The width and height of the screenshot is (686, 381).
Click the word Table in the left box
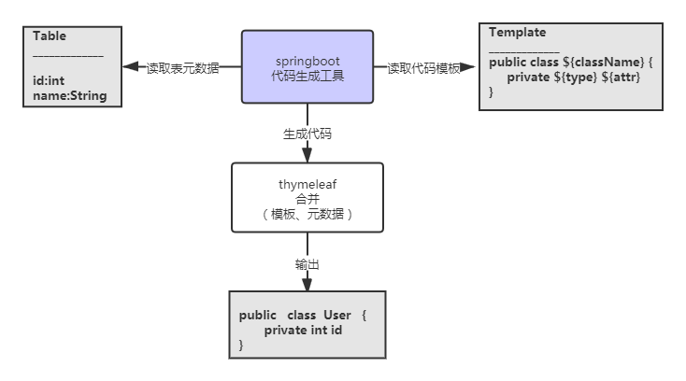[x=50, y=36]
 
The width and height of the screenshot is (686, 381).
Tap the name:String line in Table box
[x=70, y=95]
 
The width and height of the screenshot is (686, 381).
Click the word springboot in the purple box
[x=307, y=61]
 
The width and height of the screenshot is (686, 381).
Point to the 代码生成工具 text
[x=307, y=76]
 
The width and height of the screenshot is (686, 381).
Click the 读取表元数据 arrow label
[x=182, y=68]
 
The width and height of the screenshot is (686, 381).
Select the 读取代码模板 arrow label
[x=423, y=68]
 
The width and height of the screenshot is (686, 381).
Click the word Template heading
[x=517, y=32]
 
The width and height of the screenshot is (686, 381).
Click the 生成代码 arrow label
[x=307, y=134]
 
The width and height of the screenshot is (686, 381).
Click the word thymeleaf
[x=307, y=185]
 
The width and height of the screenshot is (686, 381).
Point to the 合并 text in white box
[x=307, y=199]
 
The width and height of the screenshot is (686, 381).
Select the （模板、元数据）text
[x=307, y=214]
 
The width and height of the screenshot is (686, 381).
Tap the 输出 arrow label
[x=307, y=264]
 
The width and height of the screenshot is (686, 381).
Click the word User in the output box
[x=336, y=316]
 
